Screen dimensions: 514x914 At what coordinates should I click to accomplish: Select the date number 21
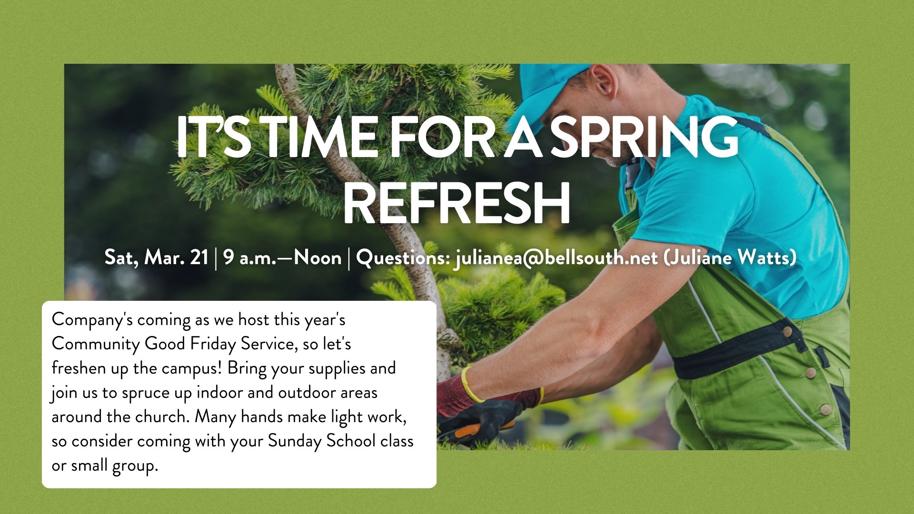[x=199, y=258]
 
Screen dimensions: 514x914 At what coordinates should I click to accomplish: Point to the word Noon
[x=318, y=258]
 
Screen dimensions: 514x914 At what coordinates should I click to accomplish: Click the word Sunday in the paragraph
[x=295, y=441]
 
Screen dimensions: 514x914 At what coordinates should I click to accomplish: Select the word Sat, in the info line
[x=121, y=258]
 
